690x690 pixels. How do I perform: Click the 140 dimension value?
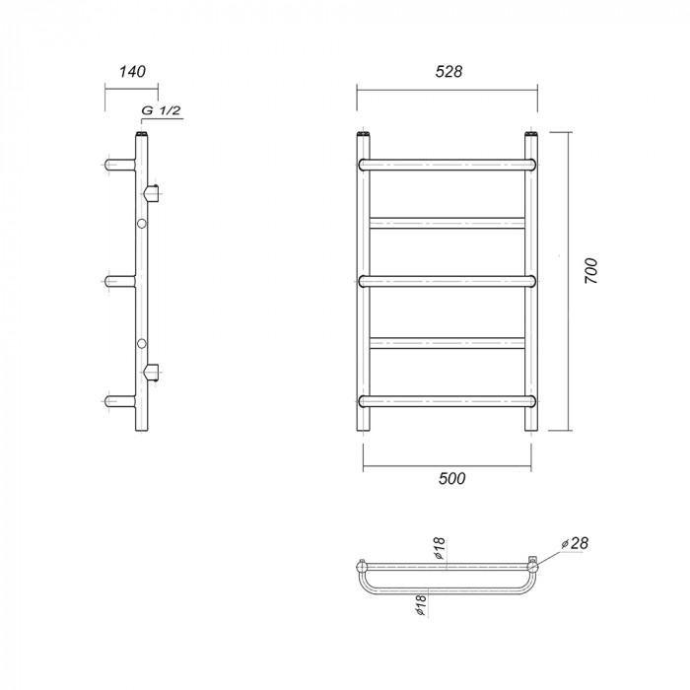pos(132,71)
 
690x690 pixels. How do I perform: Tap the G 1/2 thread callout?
pos(161,110)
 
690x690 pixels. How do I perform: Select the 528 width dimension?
pos(448,71)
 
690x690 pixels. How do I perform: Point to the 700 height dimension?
pos(591,271)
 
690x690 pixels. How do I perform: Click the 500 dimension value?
pos(451,478)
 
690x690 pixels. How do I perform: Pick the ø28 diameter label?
pos(575,543)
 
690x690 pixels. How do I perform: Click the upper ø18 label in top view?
pos(440,549)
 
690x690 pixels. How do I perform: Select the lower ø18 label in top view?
pos(421,604)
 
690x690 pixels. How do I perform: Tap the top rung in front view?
pos(448,165)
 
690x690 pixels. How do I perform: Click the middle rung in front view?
pos(448,281)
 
